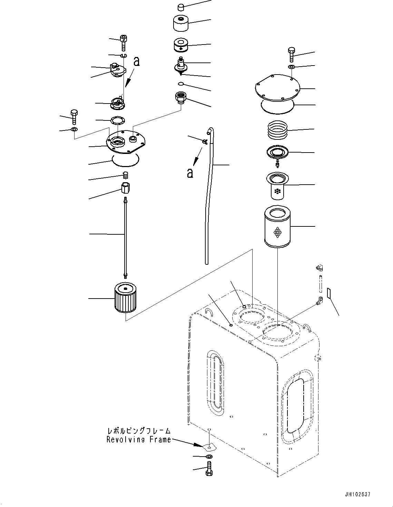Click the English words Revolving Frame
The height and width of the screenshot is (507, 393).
[138, 440]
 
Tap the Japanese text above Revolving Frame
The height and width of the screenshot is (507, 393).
[138, 431]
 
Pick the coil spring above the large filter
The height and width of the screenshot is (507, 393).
[278, 130]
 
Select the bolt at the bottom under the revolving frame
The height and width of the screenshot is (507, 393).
[209, 470]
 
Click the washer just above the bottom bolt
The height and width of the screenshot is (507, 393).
[209, 457]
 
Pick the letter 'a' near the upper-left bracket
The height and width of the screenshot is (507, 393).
[137, 62]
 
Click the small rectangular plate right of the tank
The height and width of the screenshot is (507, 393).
[329, 294]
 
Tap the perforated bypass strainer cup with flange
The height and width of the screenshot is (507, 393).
[277, 186]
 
